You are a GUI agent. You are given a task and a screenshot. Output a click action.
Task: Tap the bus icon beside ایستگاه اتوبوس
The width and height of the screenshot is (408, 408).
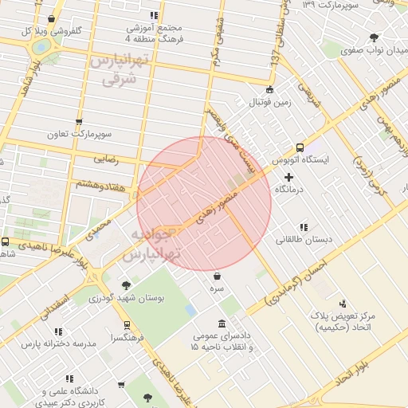coord(300,147)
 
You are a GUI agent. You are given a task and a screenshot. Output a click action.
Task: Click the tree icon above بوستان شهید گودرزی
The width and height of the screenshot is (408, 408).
coord(126,284)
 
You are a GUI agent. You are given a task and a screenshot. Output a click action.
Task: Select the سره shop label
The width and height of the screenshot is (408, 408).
coord(218,288)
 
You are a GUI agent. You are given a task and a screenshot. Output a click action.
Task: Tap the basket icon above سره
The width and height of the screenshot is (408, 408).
coord(217,276)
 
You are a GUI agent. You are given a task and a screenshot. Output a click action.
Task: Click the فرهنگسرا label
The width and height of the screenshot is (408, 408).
coord(128,337)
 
